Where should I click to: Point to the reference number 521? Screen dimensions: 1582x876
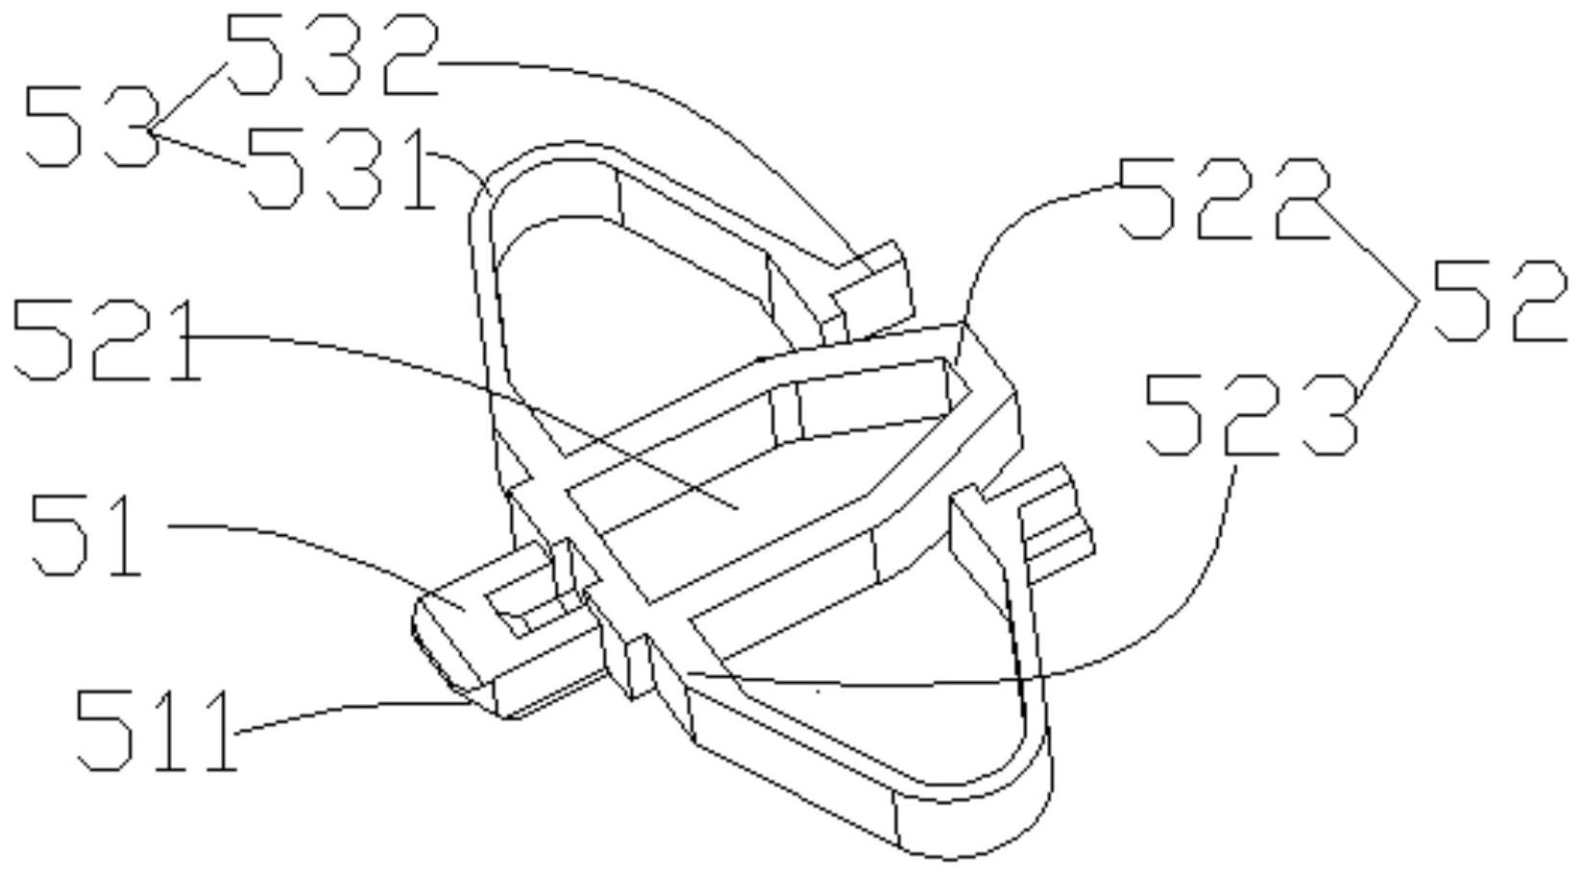pos(106,341)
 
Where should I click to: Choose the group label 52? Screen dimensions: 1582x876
pos(1498,302)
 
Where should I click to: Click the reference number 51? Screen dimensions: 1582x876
pos(86,535)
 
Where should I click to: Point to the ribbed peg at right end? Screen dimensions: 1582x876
pos(1057,523)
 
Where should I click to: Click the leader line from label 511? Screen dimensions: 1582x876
pos(355,709)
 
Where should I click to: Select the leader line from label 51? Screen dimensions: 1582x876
pos(317,543)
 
